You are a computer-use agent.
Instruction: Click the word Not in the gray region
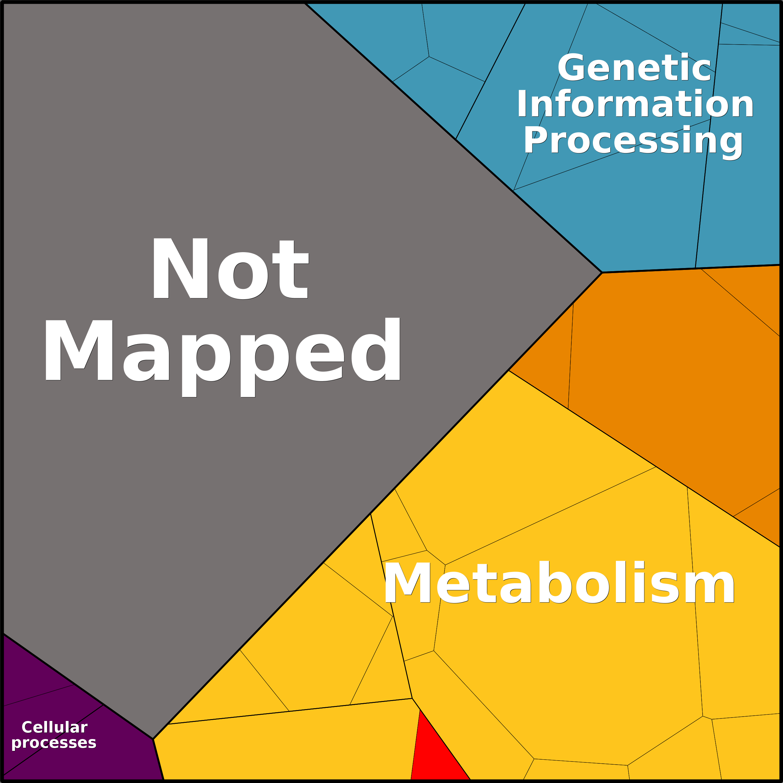point(230,268)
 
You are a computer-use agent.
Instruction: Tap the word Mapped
point(223,356)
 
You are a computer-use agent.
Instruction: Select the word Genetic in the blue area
point(635,67)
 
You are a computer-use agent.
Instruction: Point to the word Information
point(635,104)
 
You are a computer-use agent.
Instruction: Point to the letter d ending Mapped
point(376,349)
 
